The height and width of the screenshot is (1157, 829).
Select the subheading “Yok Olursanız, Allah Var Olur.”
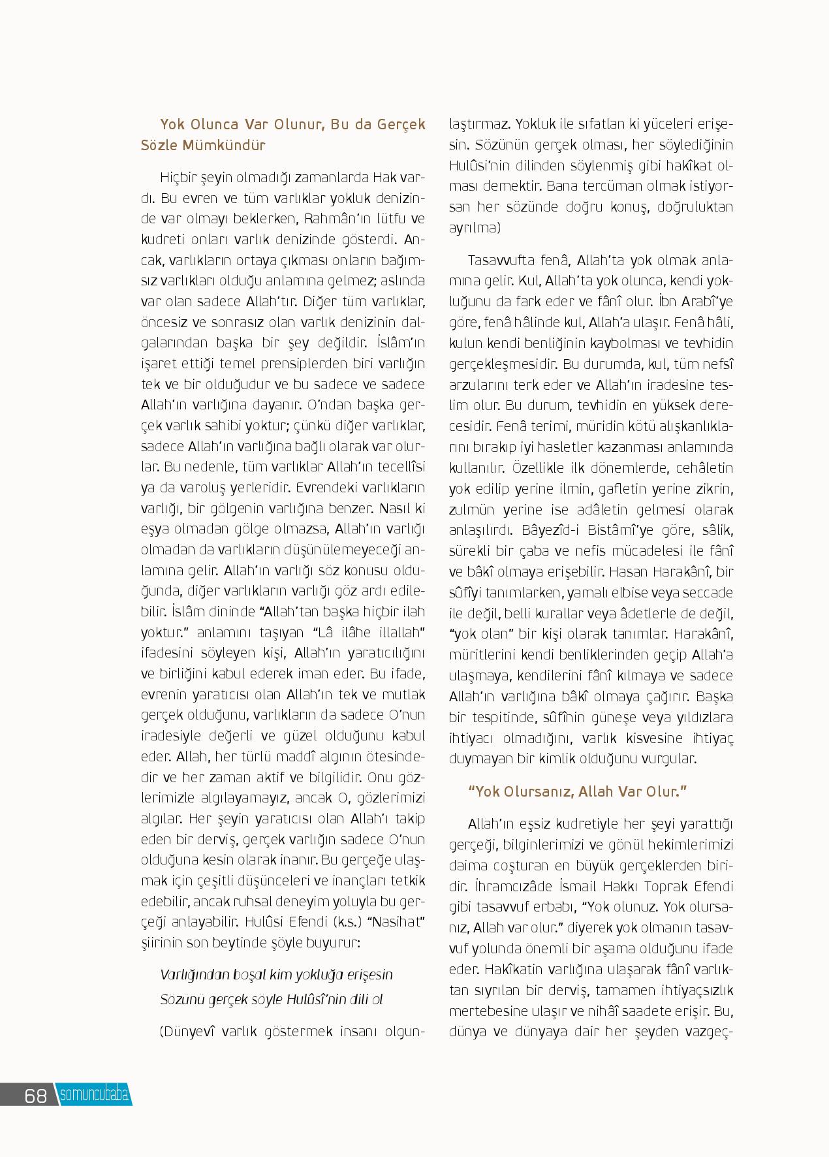coord(578,791)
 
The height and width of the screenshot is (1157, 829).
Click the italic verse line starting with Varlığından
coord(277,974)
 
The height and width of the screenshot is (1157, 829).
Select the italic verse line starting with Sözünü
coord(271,999)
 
